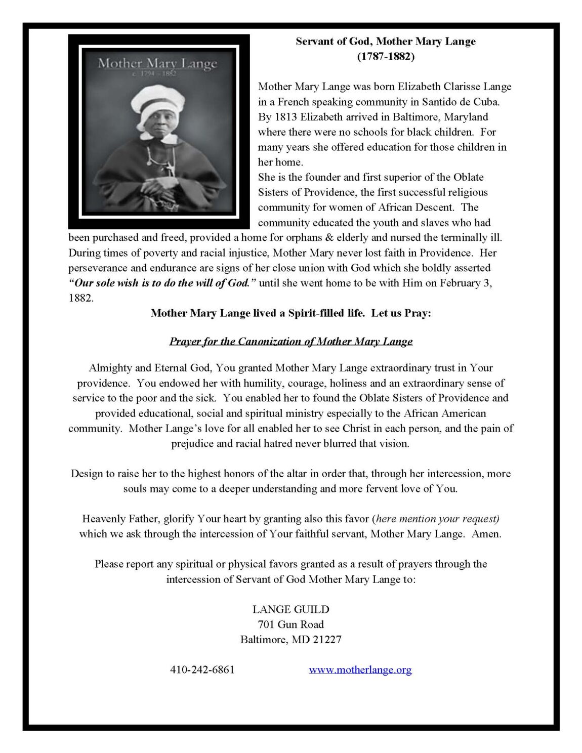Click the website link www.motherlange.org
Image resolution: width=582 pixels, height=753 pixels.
(x=360, y=670)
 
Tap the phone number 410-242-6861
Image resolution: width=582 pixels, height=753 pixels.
(x=202, y=670)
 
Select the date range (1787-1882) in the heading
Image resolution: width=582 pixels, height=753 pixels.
(x=386, y=57)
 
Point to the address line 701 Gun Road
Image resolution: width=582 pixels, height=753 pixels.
(x=290, y=624)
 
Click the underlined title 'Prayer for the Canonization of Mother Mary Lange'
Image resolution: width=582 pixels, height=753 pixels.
(x=291, y=341)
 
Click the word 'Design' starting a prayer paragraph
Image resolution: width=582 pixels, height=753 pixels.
(x=87, y=474)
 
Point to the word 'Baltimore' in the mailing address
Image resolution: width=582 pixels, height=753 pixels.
(x=263, y=639)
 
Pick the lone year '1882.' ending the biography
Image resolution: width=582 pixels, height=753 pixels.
(x=81, y=298)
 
